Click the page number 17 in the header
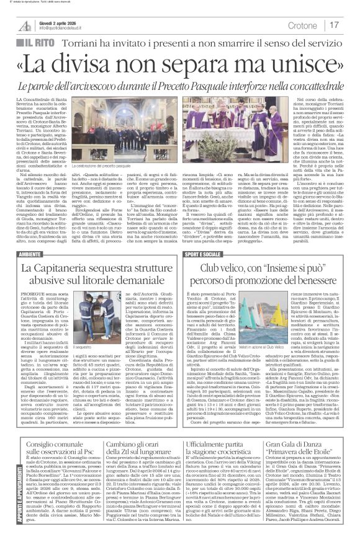coord(333,25)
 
